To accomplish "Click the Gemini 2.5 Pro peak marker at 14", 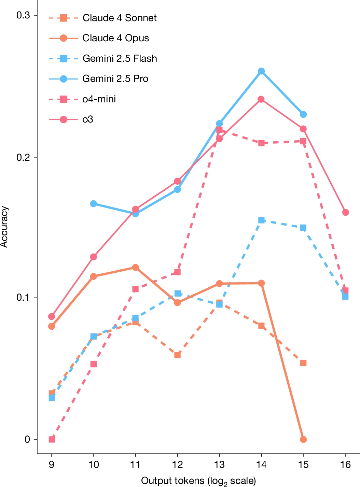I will (x=261, y=71).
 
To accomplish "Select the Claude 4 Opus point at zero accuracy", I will (x=303, y=439).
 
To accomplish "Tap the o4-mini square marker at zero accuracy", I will (x=52, y=439).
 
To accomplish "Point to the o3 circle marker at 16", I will (x=345, y=212).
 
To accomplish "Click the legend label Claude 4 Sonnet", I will (x=120, y=18).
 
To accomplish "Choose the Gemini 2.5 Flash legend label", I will (x=120, y=58).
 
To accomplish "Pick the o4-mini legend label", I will (x=99, y=99).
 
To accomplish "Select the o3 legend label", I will (x=88, y=119).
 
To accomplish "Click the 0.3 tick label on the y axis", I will (x=23, y=15).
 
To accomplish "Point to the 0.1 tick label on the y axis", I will (x=23, y=297).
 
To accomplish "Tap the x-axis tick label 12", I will (x=177, y=464).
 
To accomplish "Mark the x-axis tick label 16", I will (x=345, y=464).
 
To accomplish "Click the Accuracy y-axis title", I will (x=4, y=227).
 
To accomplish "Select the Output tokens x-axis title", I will (x=198, y=481).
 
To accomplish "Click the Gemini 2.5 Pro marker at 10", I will (x=94, y=204).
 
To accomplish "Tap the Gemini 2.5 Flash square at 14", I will (x=261, y=220).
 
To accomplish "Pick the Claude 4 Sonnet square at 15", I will (x=303, y=363).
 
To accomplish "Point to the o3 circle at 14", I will (x=261, y=99).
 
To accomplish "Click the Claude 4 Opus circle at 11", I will (x=136, y=267).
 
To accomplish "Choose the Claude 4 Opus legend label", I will (x=115, y=38).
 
